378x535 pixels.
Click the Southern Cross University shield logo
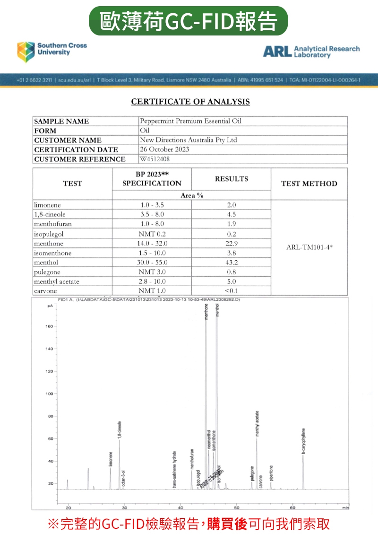26,52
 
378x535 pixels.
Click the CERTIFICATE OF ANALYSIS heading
190,102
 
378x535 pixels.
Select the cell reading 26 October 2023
164,149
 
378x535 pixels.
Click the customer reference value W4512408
155,159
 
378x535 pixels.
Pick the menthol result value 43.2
231,263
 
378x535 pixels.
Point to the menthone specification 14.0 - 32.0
152,244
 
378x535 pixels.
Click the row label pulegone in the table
47,272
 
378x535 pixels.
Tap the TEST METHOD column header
309,184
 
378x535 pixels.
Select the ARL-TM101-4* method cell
309,247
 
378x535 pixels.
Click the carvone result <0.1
231,291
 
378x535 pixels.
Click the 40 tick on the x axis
180,507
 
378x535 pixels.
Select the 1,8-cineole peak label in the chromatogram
120,430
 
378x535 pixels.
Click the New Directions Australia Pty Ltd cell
189,140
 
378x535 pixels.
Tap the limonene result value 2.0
231,205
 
